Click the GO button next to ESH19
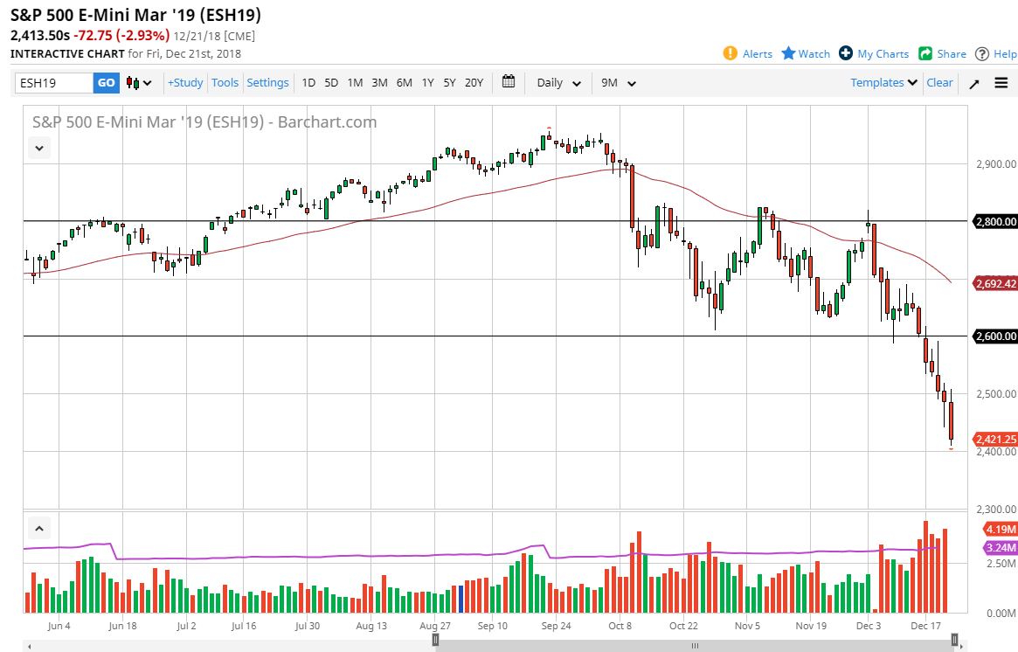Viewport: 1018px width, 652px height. [x=106, y=83]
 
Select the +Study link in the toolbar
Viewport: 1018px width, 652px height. [x=185, y=83]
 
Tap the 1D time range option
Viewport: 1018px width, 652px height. [x=308, y=83]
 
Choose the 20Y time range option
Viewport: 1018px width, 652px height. [x=474, y=83]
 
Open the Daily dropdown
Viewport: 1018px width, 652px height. [x=558, y=83]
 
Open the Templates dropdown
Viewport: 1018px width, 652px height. [x=883, y=83]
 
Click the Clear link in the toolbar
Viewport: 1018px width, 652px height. [x=939, y=83]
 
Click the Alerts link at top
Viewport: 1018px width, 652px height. [x=748, y=54]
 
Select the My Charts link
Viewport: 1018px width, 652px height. [x=874, y=54]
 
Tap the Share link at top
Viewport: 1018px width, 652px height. [x=942, y=54]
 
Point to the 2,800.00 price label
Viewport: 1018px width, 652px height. [x=994, y=222]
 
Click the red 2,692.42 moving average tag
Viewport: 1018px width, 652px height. [x=994, y=283]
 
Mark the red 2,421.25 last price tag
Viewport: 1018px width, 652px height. [x=994, y=440]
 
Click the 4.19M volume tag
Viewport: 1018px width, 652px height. [x=999, y=530]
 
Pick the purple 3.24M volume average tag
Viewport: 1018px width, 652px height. [x=999, y=548]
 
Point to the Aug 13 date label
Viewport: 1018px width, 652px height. [x=371, y=626]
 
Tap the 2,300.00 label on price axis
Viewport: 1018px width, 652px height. [x=994, y=510]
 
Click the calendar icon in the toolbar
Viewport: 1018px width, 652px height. [x=509, y=82]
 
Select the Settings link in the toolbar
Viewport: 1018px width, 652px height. [x=267, y=83]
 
